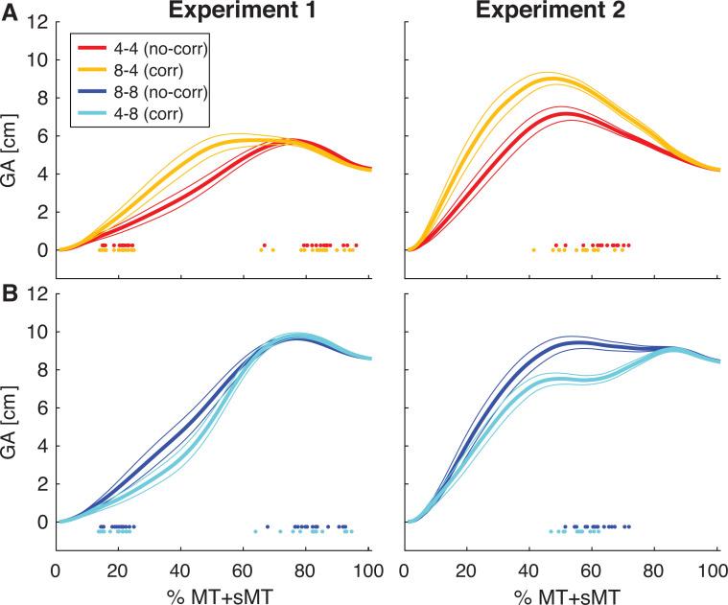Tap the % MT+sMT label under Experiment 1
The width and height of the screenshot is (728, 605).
click(x=213, y=592)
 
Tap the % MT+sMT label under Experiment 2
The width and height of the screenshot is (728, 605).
click(x=562, y=592)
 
